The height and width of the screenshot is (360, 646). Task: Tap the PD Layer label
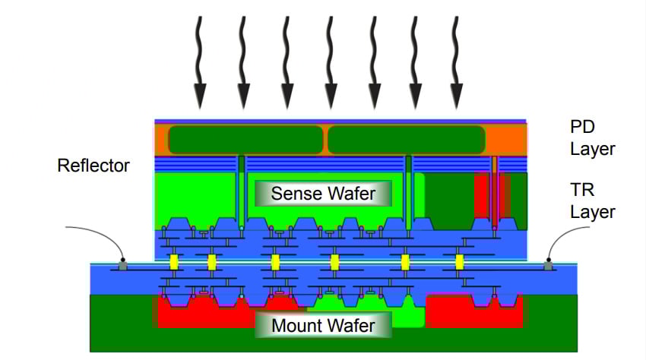coord(592,137)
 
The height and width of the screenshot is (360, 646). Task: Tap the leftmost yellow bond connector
coord(174,262)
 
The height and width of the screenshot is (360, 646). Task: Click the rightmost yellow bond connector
coord(460,262)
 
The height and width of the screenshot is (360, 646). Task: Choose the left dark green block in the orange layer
coord(245,140)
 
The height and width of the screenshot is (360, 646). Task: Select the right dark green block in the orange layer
coord(406,140)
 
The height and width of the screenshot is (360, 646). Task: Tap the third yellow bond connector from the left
coord(275,262)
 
